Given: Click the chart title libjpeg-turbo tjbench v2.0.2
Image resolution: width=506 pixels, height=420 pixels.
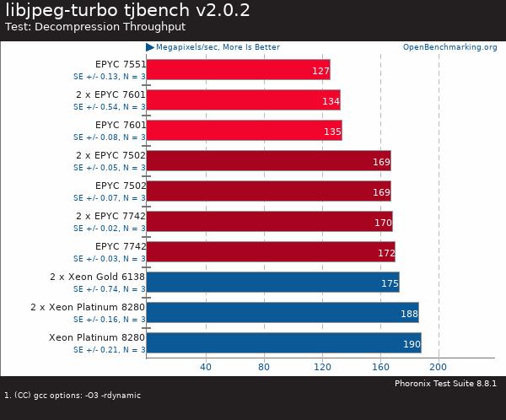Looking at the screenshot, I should point(127,11).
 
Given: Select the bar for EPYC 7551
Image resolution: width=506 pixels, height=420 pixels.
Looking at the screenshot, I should point(238,69).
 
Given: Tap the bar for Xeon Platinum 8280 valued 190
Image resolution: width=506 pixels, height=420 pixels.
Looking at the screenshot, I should point(283,342).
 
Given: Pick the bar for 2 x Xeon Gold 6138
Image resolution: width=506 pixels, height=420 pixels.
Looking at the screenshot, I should point(272,282).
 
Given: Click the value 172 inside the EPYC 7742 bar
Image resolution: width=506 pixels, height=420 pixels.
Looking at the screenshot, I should point(385,253).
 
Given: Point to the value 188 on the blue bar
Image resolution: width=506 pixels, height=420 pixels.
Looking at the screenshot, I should point(408,314).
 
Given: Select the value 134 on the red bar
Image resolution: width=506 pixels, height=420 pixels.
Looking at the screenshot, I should point(331,101).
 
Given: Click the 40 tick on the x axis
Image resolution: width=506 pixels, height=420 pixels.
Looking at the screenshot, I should point(205,367).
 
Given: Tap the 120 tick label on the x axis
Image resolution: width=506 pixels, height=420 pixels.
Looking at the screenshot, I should point(321,367).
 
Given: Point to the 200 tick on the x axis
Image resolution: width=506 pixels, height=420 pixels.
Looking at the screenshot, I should point(439,367).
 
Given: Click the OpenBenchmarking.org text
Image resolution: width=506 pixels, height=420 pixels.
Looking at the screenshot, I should point(449,47).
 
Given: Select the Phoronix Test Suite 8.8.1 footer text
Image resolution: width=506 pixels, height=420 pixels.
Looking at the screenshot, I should point(445,384).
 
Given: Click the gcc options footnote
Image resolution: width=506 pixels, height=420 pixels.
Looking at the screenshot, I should point(73,395).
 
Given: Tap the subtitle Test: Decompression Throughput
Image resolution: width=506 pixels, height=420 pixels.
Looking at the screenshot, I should point(95,27).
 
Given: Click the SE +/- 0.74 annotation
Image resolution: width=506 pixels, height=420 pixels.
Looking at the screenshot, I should point(109,289).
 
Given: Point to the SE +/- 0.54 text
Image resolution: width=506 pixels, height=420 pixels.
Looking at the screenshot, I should point(109,107).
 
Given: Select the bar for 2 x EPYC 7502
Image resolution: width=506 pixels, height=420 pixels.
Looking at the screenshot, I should point(268,160).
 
